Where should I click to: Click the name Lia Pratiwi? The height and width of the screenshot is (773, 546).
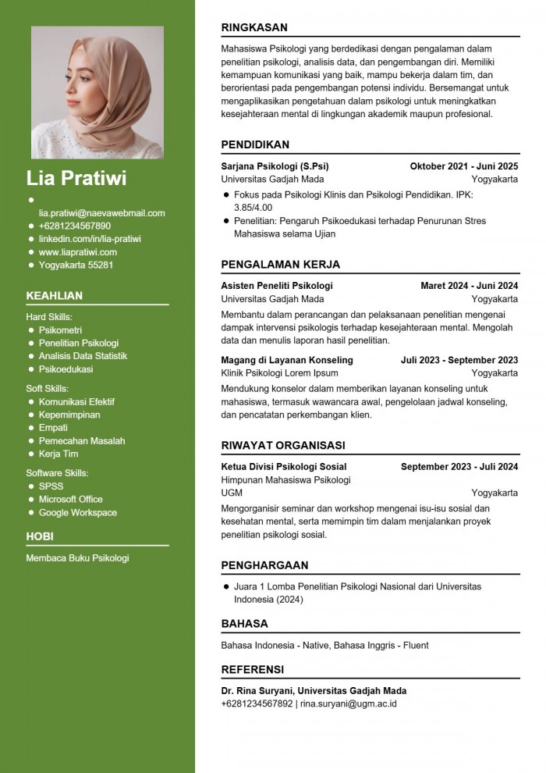[x=76, y=178]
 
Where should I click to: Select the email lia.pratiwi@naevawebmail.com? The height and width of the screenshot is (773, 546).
[x=102, y=213]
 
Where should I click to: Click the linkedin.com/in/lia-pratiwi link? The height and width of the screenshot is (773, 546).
[x=90, y=239]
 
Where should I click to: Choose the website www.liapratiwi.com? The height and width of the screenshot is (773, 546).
[x=78, y=252]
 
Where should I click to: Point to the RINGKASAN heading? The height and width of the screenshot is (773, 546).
[x=254, y=27]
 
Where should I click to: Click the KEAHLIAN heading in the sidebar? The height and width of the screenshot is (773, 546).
[x=54, y=296]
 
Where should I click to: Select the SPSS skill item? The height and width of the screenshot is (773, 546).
[x=51, y=486]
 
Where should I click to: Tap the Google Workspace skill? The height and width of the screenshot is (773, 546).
[x=78, y=512]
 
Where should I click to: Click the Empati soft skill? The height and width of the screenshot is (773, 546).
[x=53, y=428]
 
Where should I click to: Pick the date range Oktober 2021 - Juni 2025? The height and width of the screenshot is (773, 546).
[x=463, y=166]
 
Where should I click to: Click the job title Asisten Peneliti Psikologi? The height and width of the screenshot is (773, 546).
[x=277, y=286]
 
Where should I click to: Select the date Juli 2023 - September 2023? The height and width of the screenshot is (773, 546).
[x=459, y=360]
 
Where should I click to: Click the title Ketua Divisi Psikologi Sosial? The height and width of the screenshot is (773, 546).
[x=284, y=467]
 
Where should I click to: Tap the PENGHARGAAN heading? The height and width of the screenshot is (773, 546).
[x=264, y=565]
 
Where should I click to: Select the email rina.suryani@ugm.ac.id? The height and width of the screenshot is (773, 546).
[x=349, y=704]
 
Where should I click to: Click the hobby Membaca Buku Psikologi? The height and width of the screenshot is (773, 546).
[x=77, y=558]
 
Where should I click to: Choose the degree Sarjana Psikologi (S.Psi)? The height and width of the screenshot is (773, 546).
[x=275, y=166]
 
